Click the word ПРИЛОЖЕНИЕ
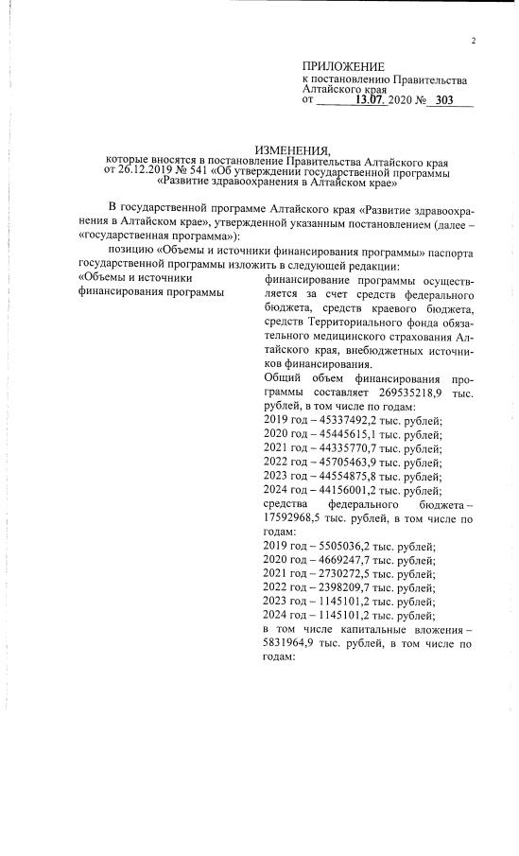point(343,65)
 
